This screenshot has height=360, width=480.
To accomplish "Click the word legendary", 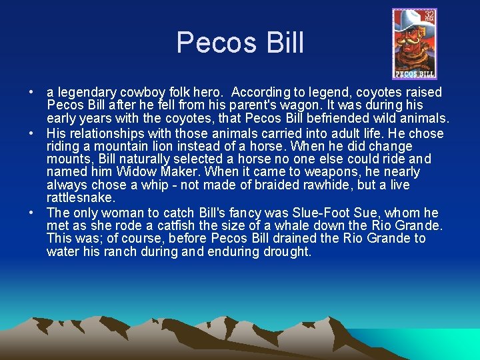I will point(84,92).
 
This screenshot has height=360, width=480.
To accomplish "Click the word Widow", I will point(138,172).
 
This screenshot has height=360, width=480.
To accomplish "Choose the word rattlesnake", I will point(81,199).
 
